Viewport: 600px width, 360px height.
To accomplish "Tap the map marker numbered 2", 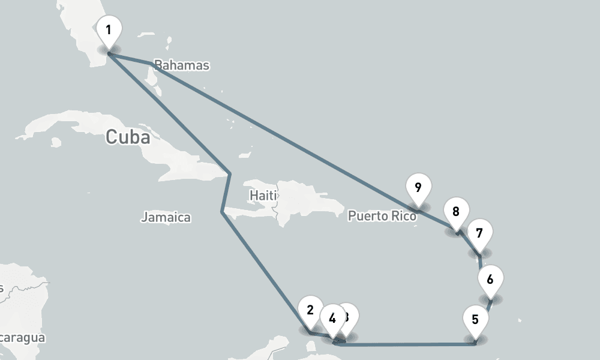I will (x=310, y=311).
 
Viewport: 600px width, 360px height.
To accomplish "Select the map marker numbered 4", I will (x=332, y=317).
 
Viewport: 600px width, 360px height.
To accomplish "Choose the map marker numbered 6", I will (x=490, y=280).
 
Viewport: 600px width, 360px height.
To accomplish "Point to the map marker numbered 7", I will (x=479, y=233).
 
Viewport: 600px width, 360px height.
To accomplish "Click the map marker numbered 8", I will (x=456, y=212).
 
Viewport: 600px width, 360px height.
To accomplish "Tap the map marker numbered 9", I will (x=418, y=188).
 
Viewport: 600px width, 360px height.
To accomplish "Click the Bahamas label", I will (x=181, y=65).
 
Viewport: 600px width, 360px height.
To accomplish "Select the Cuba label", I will (x=127, y=137).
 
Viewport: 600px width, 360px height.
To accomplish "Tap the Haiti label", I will (x=263, y=195).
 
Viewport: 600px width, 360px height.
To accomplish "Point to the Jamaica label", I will (x=166, y=217).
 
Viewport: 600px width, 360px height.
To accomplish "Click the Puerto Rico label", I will (x=382, y=215).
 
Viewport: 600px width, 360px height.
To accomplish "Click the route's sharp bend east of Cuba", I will (x=230, y=173).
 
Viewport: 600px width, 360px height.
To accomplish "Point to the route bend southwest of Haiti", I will (x=223, y=212).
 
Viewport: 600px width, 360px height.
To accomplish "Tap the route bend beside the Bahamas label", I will (x=150, y=63).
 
